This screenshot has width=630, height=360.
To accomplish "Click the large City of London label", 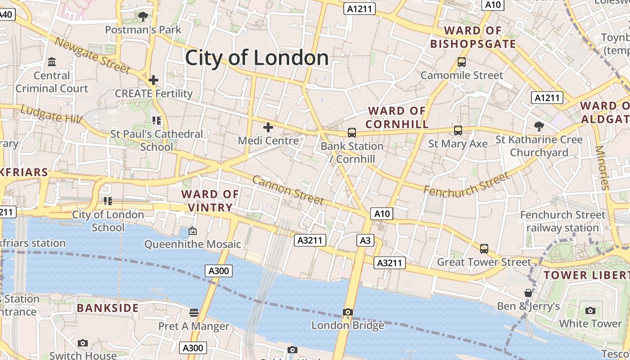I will [257, 58].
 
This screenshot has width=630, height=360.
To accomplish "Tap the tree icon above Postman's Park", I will [143, 17].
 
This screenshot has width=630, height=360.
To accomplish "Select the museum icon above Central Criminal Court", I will [52, 62].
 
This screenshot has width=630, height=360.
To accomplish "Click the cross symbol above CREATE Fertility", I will [153, 81].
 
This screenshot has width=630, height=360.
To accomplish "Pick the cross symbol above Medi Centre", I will [268, 127].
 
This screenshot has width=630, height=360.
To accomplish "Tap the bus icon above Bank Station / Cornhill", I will [352, 133].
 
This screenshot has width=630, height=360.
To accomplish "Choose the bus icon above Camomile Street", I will [462, 62].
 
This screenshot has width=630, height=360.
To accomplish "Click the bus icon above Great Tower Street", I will [484, 248].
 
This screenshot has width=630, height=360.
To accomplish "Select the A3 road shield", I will [365, 241].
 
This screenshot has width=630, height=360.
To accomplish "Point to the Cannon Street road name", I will [288, 189].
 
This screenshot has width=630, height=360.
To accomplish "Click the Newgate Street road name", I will [92, 55].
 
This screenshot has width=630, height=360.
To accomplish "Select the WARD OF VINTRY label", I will [210, 201].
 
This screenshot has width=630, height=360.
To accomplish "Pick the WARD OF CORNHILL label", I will [397, 117].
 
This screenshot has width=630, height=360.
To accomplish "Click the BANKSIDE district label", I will [108, 308].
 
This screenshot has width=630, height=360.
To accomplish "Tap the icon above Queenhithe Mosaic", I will [193, 231].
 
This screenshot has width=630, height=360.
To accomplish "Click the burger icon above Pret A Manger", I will [194, 312].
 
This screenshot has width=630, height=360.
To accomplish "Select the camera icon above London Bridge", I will [347, 312].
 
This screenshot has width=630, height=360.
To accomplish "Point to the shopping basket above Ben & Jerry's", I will [528, 293].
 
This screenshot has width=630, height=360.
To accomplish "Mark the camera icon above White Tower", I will [590, 310].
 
